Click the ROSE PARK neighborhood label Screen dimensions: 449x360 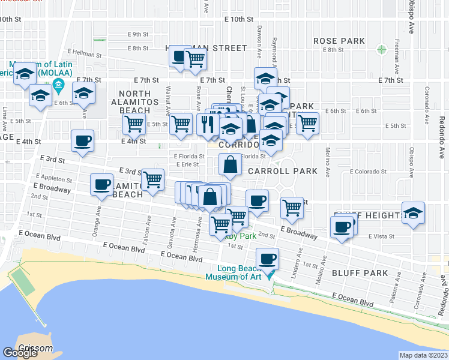point(339,41)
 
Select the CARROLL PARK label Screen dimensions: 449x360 point(283,171)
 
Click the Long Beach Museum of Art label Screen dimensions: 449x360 point(235,272)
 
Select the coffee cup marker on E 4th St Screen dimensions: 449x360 point(82,142)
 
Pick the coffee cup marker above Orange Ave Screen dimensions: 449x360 point(101,184)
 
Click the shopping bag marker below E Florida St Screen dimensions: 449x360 point(231,165)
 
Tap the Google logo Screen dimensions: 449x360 point(20,353)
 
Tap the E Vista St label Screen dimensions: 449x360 point(382,236)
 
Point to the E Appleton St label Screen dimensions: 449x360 point(54,179)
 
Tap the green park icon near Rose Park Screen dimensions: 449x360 point(381,49)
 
